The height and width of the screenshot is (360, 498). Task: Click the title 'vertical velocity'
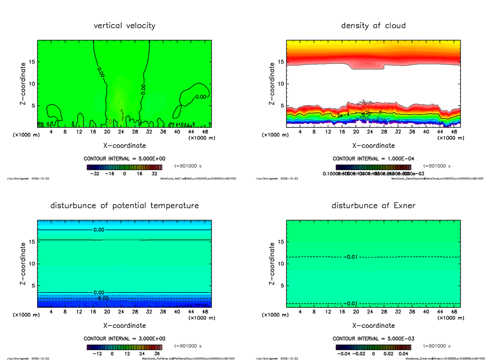pos(124,26)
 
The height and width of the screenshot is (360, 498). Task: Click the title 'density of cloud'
pos(373,26)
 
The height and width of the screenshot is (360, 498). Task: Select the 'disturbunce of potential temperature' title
pos(124,206)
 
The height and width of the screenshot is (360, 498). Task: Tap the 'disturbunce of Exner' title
pos(373,206)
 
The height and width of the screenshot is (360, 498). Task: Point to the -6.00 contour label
pos(103,298)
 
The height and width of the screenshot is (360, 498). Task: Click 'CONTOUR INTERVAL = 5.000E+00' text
pos(124,159)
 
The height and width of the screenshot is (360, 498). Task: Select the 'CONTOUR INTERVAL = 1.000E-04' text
pos(373,159)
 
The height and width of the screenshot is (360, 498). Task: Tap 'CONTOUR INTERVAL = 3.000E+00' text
pos(124,339)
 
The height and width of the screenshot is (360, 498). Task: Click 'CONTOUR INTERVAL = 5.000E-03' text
pos(373,339)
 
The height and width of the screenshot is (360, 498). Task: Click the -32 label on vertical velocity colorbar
pos(96,174)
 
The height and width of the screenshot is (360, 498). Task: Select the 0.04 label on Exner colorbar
pos(405,354)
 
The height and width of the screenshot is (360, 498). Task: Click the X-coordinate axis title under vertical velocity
pos(124,146)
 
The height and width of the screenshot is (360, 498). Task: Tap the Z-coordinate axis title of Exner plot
pos(272,264)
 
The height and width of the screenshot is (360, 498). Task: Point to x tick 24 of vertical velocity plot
pos(121,132)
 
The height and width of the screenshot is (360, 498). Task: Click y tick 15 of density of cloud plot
pos(281,62)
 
